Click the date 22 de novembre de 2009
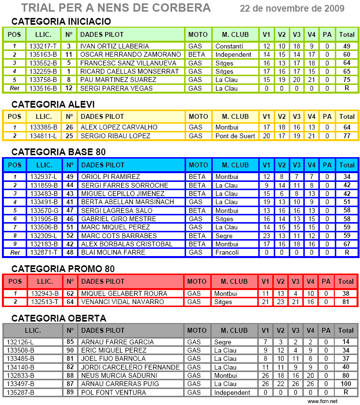point(292,9)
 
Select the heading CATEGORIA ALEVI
point(53,105)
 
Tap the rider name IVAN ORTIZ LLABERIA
point(114,46)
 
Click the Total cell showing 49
point(346,46)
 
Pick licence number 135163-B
point(44,55)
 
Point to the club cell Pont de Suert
point(235,136)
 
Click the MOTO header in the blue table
point(198,165)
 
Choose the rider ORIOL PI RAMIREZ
point(110,177)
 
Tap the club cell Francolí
point(227,253)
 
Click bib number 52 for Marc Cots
point(70,236)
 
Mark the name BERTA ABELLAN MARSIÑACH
point(127,202)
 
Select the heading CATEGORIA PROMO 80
point(63,269)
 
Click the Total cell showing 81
point(346,302)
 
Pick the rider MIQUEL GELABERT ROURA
point(124,293)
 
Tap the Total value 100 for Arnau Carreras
point(346,384)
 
